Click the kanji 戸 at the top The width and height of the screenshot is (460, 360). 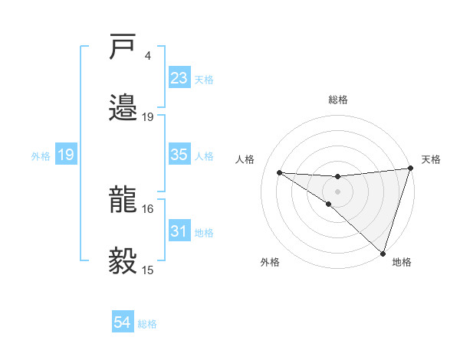tap(123, 48)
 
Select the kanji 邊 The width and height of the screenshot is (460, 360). tap(123, 107)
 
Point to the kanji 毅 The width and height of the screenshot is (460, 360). tap(123, 260)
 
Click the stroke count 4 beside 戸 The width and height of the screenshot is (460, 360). tap(147, 56)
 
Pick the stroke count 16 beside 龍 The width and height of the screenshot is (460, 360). tap(147, 208)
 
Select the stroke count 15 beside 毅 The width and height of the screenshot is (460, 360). tap(147, 270)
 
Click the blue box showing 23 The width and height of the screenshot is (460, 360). tap(179, 78)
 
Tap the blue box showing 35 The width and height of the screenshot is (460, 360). tap(179, 155)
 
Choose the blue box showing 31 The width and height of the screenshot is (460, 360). tap(179, 231)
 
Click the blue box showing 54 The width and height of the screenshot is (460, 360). tap(123, 323)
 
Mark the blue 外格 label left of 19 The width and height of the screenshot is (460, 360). tap(41, 155)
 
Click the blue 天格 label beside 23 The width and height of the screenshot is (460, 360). tap(204, 80)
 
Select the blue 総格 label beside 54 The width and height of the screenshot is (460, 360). tap(147, 324)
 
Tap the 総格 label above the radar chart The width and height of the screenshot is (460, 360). tap(337, 100)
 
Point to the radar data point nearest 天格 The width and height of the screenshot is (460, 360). tap(411, 169)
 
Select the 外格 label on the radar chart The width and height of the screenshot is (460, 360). tap(270, 262)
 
